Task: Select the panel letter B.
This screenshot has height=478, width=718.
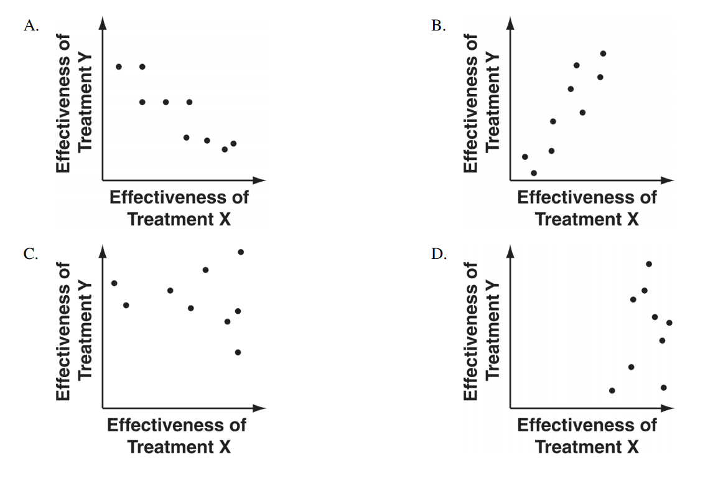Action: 437,26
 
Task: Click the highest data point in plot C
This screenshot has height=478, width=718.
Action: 241,251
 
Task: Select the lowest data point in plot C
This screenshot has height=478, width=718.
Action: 238,352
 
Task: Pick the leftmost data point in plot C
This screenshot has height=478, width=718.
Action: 114,283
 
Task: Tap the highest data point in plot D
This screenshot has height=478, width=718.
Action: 649,264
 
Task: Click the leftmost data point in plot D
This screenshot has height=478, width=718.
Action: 612,390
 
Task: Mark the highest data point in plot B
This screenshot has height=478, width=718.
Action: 603,54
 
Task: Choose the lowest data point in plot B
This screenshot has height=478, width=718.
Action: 533,173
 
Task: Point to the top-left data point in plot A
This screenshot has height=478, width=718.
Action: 119,67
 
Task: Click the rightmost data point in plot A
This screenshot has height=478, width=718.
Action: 233,143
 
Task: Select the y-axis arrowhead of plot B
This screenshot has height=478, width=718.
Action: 510,22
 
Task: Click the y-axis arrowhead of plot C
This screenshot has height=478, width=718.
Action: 102,250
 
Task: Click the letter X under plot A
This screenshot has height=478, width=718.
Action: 224,219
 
